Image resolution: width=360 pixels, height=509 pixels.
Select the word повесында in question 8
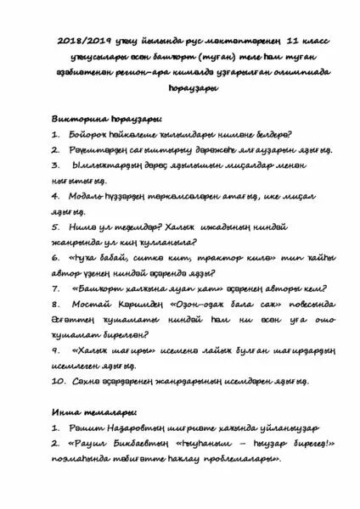pos(288,304)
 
